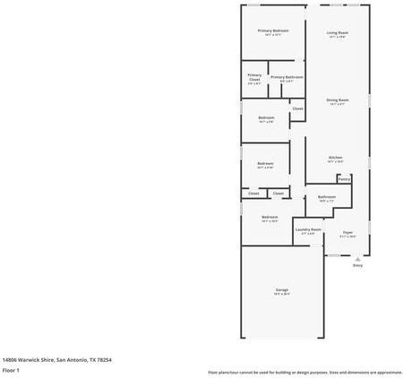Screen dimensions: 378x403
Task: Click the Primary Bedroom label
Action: pyautogui.click(x=273, y=30)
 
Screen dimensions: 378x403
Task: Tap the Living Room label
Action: pyautogui.click(x=338, y=32)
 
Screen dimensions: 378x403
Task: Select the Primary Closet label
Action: pyautogui.click(x=254, y=76)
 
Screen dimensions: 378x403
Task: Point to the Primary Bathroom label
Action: pyautogui.click(x=287, y=77)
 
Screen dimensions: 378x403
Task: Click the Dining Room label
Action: pyautogui.click(x=337, y=99)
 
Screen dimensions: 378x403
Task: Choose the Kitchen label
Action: pyautogui.click(x=335, y=157)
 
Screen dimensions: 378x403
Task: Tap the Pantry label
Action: pyautogui.click(x=344, y=178)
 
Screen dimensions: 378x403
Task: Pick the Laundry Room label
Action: pyautogui.click(x=309, y=229)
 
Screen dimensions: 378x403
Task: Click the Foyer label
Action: pyautogui.click(x=347, y=232)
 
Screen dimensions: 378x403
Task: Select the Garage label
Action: pyautogui.click(x=281, y=290)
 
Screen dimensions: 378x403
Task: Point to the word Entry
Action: pyautogui.click(x=357, y=265)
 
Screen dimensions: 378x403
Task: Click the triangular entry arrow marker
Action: pyautogui.click(x=357, y=258)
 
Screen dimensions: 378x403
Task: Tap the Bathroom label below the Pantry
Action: pyautogui.click(x=326, y=197)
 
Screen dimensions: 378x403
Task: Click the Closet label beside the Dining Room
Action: pyautogui.click(x=297, y=108)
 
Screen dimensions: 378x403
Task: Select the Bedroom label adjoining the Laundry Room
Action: pyautogui.click(x=270, y=217)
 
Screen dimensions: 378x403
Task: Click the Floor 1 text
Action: pyautogui.click(x=11, y=369)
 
